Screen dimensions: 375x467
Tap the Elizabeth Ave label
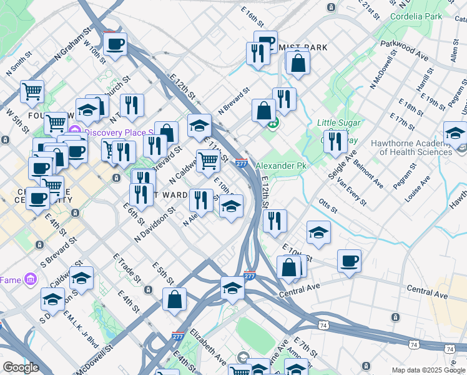208,345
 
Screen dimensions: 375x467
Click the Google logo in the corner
21,367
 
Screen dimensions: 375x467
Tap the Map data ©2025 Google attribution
428,370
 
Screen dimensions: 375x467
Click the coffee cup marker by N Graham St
116,45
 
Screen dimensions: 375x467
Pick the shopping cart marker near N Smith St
32,92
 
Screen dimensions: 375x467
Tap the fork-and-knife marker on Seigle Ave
335,142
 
